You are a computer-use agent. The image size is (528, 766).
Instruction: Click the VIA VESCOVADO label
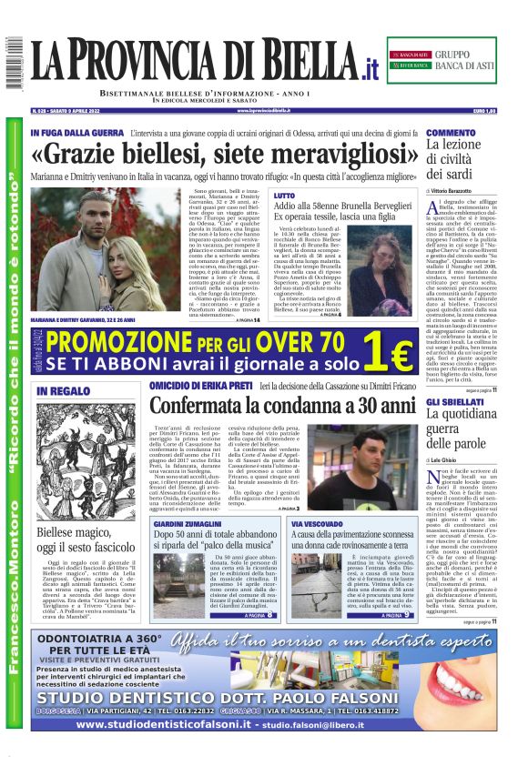click(318, 525)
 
